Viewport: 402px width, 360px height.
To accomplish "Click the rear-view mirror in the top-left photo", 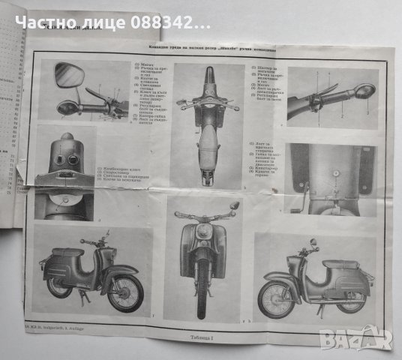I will coord(68,74).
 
